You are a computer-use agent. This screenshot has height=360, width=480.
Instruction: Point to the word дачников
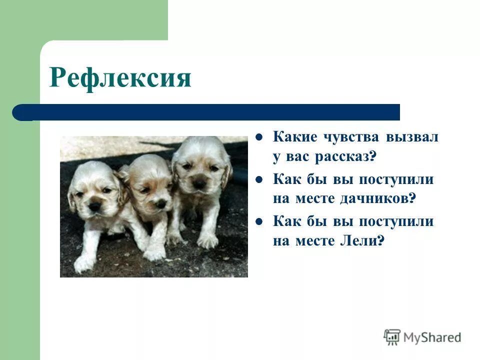point(374,198)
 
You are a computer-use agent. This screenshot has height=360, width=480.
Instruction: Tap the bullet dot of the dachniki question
point(259,179)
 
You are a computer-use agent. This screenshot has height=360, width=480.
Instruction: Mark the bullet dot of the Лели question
point(259,220)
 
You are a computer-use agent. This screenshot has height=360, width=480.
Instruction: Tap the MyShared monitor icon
point(392,336)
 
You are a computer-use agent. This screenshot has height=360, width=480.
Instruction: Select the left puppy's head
point(95,187)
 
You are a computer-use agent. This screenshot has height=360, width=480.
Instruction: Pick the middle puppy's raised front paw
point(155,252)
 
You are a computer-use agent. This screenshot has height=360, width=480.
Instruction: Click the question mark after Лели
point(381,241)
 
